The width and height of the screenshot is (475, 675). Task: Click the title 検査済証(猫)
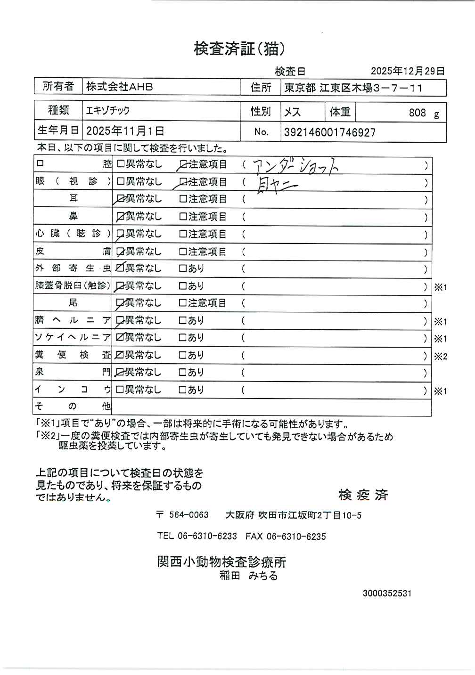click(x=239, y=49)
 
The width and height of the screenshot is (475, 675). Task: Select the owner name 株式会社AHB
click(x=119, y=87)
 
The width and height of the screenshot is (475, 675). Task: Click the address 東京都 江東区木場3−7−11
click(x=353, y=88)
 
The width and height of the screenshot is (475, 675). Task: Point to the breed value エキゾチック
click(x=107, y=111)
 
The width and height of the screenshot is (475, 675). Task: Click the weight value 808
click(x=417, y=113)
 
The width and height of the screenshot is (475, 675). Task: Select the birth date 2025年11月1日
click(x=125, y=131)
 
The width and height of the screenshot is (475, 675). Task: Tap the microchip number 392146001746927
click(x=329, y=132)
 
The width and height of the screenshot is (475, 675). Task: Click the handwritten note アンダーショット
click(x=295, y=166)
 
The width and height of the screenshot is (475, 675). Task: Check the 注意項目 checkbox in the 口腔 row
click(x=183, y=165)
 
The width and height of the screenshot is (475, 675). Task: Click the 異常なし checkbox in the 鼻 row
click(x=120, y=217)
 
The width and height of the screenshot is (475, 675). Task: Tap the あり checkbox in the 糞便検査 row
click(x=183, y=355)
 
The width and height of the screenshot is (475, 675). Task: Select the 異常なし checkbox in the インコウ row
click(x=120, y=390)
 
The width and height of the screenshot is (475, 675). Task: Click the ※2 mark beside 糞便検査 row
click(x=440, y=357)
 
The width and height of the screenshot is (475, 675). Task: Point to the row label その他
click(x=73, y=407)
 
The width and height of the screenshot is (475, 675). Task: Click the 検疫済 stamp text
click(x=363, y=495)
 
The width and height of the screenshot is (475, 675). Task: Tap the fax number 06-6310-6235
click(x=296, y=537)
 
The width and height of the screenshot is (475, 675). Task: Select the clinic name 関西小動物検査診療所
click(x=221, y=561)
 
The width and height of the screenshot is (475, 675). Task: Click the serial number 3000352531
click(x=387, y=594)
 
